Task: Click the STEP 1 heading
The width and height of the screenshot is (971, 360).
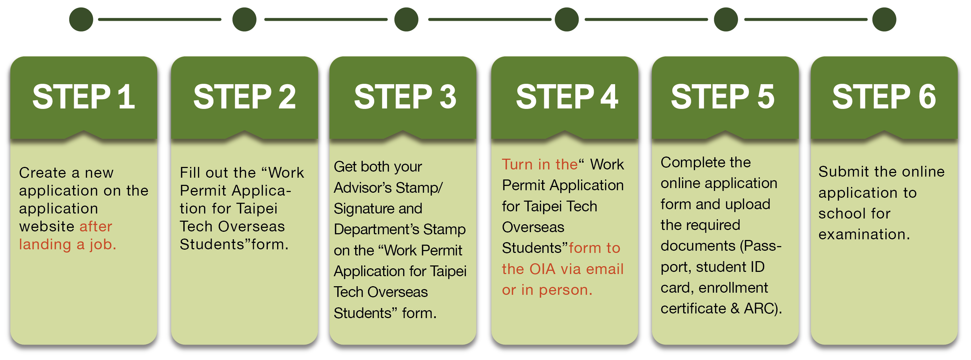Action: (83, 97)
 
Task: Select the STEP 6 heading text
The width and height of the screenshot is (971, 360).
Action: (884, 97)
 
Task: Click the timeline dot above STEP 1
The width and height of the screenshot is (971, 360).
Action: (81, 19)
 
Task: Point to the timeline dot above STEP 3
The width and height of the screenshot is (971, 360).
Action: (406, 19)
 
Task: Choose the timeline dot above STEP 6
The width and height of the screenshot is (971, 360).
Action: (884, 19)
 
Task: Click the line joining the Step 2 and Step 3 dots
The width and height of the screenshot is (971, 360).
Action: (326, 19)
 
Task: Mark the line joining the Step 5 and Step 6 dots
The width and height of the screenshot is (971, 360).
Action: (806, 19)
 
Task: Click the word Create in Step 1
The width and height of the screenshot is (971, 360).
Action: (43, 173)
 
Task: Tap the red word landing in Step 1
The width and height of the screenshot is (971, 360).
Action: (45, 244)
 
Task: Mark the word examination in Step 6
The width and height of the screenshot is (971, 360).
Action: (863, 235)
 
